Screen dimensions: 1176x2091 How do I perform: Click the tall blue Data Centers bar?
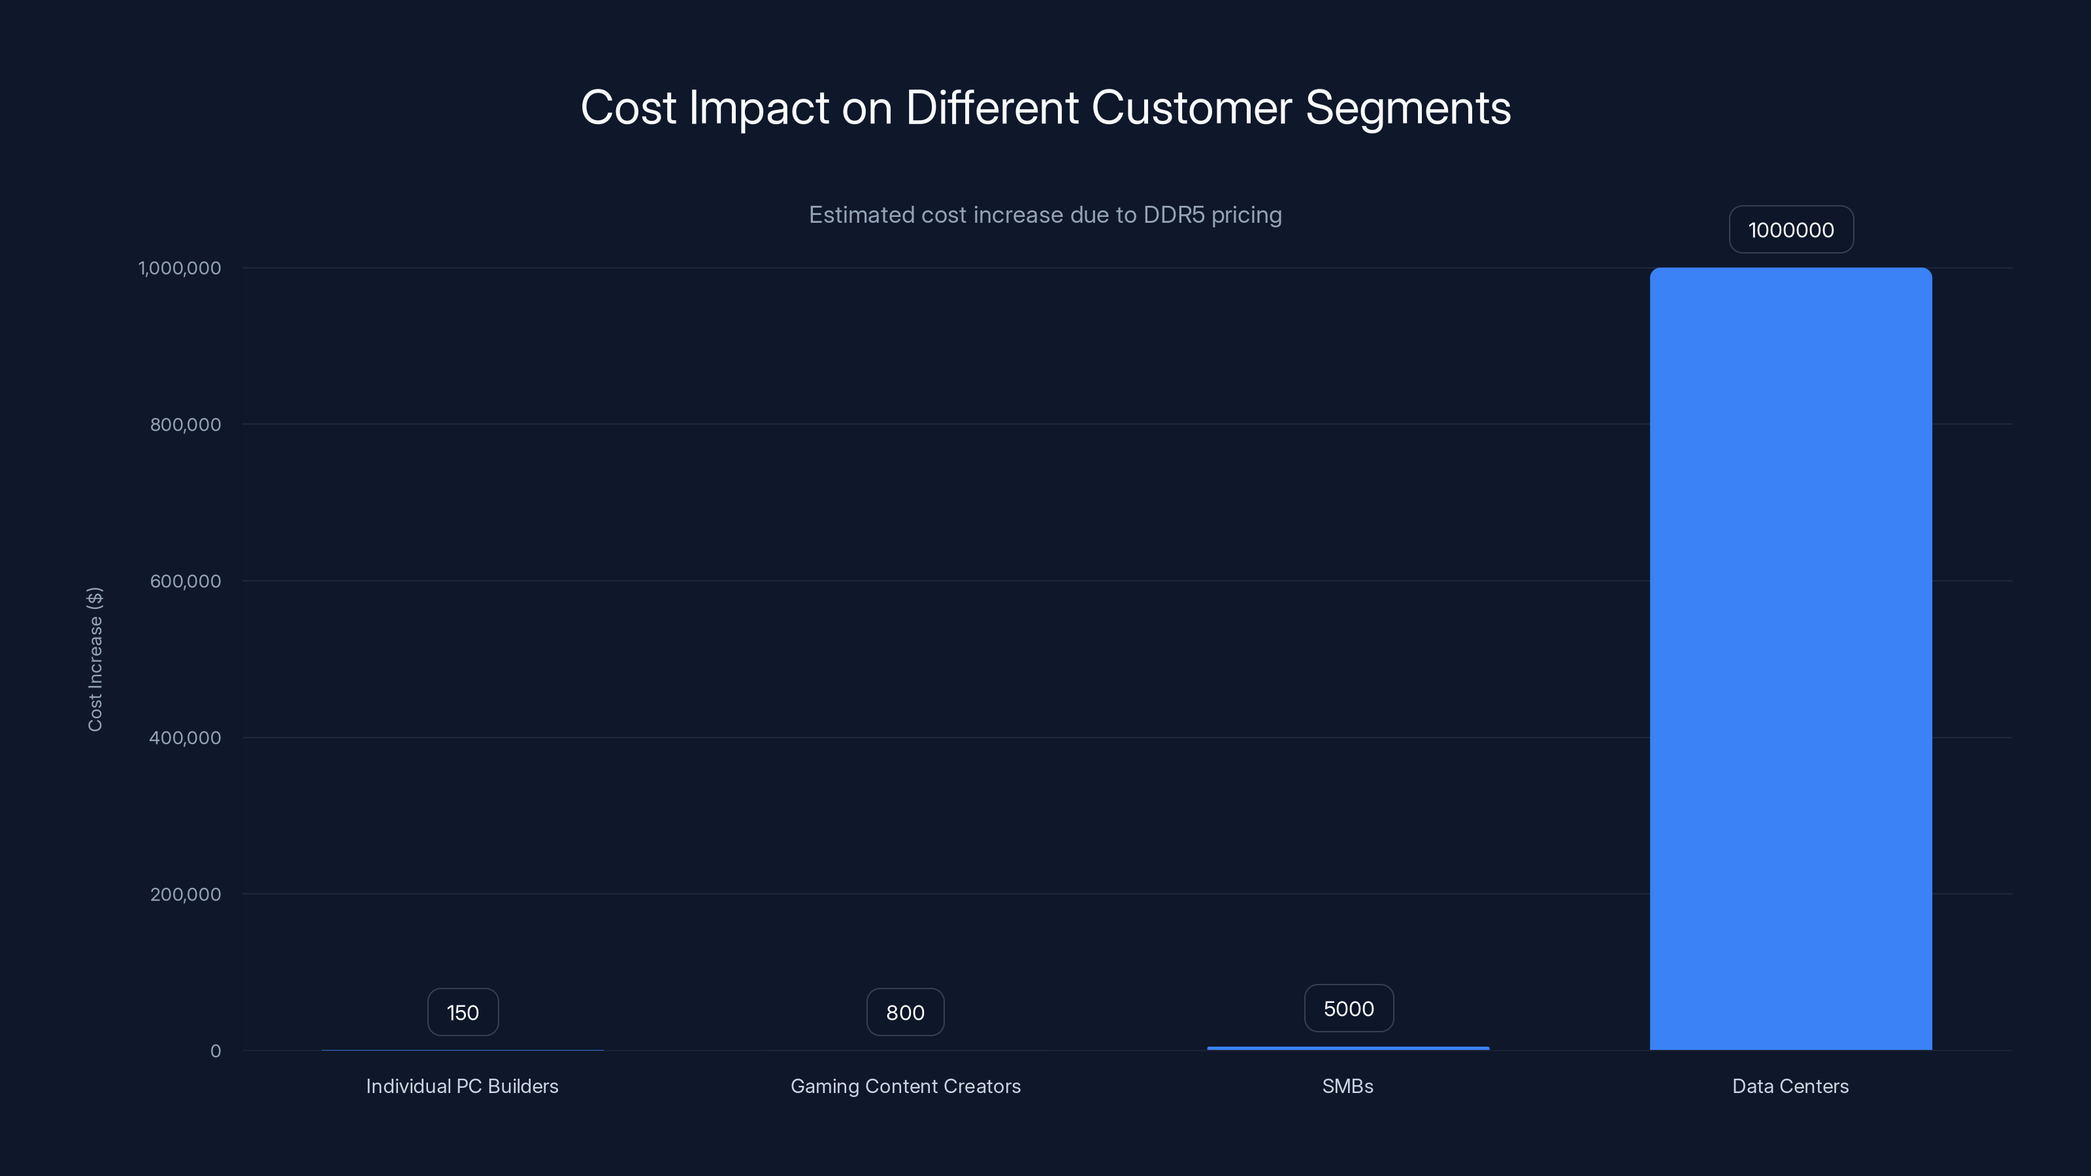click(1790, 658)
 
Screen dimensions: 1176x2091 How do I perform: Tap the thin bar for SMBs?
click(1347, 1048)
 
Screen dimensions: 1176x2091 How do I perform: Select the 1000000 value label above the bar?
click(1790, 230)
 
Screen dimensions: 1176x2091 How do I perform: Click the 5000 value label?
click(1348, 1009)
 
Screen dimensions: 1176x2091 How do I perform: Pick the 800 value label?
click(905, 1012)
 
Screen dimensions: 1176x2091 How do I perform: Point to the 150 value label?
click(463, 1012)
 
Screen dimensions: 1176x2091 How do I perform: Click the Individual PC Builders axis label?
click(462, 1086)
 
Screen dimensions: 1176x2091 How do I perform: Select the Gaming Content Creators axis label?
click(905, 1086)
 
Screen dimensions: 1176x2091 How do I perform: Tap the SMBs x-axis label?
click(1347, 1086)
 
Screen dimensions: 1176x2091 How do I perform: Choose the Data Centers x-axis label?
click(1790, 1086)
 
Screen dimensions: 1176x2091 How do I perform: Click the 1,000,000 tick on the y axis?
click(180, 268)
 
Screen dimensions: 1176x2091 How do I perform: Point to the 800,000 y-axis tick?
click(185, 425)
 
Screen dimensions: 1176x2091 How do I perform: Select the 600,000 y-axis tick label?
click(185, 581)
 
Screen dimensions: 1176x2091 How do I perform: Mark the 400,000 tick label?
click(185, 738)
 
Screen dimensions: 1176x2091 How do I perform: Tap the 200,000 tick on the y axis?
click(185, 894)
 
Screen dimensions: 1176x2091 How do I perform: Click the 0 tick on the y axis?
click(215, 1051)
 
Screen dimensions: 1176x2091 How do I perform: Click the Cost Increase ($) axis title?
click(95, 659)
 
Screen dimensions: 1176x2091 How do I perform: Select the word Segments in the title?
click(1408, 108)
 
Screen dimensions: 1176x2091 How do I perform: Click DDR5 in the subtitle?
click(1174, 215)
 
